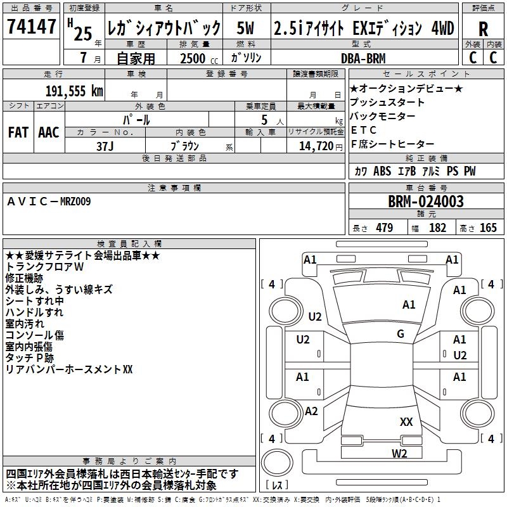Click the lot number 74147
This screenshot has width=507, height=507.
tap(32, 27)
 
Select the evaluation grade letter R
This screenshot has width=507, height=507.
tap(483, 29)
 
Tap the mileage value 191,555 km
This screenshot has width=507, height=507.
tap(74, 91)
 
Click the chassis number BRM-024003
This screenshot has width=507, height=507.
tap(426, 202)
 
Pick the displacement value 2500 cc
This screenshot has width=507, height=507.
tap(193, 58)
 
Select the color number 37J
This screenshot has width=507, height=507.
tap(105, 146)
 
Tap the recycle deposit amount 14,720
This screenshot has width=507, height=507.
tap(311, 146)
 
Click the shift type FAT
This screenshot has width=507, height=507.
tap(18, 132)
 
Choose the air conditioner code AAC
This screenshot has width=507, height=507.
tap(48, 132)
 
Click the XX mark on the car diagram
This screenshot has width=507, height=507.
tap(406, 421)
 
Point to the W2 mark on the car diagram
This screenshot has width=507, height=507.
tap(399, 453)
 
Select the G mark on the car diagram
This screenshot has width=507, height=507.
tap(401, 333)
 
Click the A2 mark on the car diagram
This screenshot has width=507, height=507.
tap(311, 411)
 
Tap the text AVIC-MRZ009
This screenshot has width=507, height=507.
tap(49, 202)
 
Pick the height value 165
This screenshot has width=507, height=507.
tap(488, 228)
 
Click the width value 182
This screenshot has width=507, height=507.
tap(437, 228)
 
